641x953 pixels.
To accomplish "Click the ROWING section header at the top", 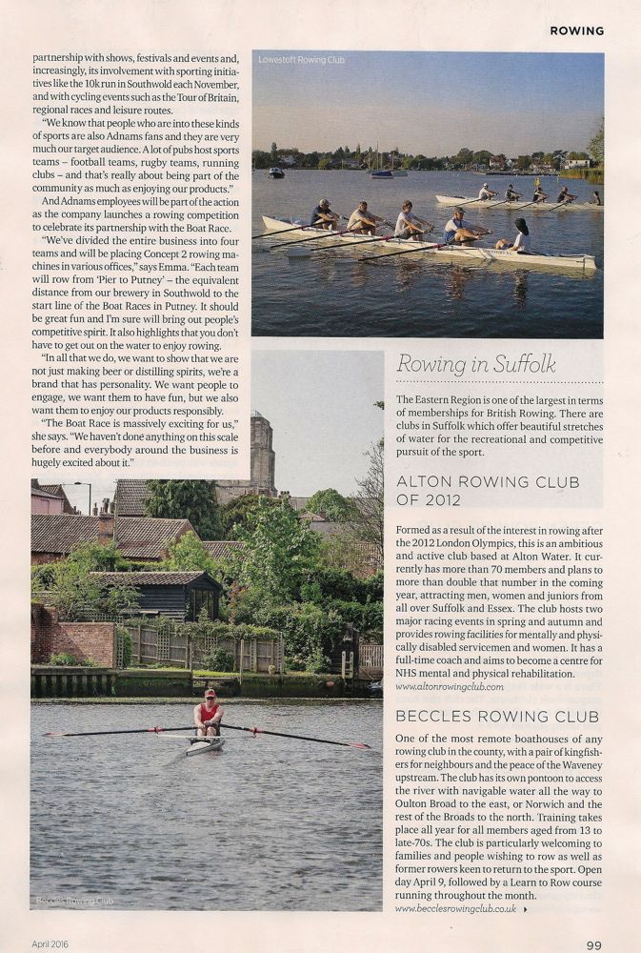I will pos(576,30).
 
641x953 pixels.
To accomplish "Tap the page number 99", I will pos(593,944).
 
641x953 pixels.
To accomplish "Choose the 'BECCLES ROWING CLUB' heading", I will pos(472,715).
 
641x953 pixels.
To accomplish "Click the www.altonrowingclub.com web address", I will pos(449,686).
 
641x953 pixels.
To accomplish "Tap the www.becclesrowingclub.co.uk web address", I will pos(455,909).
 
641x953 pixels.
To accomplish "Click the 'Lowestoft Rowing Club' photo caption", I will pos(301,60).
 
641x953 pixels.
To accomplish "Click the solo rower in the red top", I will pos(209,713).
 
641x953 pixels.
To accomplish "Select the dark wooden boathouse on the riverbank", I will pos(162,596).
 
